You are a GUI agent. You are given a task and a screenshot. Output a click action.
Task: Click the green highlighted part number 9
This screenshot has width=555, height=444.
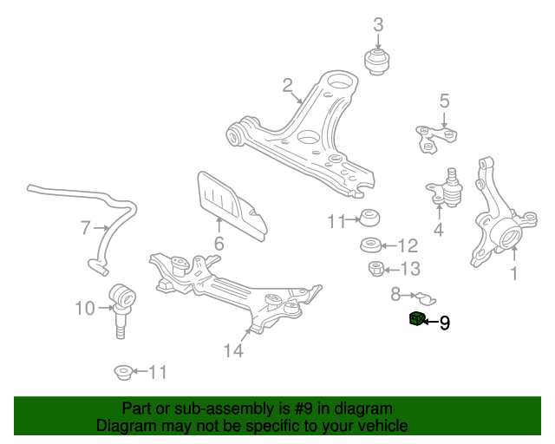[417, 319]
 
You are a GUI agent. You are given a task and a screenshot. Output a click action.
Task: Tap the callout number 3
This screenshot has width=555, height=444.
[378, 25]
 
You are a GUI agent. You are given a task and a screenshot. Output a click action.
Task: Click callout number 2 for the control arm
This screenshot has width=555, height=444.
[287, 85]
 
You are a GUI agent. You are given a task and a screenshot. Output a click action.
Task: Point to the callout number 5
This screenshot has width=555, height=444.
[444, 101]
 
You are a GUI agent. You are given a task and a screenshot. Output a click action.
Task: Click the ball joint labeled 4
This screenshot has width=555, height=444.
[449, 187]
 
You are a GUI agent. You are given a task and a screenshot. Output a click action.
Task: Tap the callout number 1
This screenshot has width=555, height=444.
[513, 275]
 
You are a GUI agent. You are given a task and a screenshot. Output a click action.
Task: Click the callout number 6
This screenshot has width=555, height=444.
[219, 245]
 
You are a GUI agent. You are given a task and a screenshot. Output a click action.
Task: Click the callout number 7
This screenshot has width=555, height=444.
[85, 228]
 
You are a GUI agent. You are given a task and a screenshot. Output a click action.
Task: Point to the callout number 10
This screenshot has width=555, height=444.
[85, 308]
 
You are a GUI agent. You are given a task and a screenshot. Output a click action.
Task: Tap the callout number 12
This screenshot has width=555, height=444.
[407, 245]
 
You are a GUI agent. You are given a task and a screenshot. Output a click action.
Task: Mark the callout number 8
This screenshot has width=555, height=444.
[395, 293]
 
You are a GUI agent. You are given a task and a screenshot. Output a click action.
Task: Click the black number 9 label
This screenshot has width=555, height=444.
[445, 323]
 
